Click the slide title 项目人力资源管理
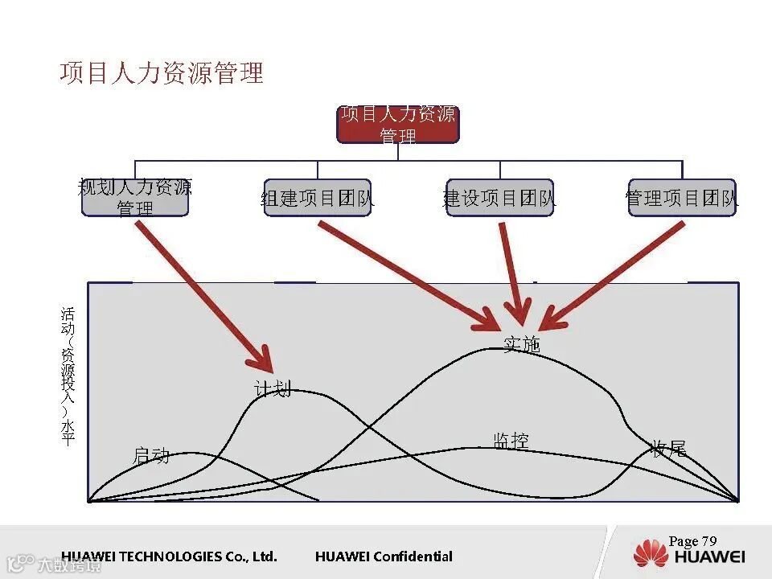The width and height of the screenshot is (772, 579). [x=162, y=73]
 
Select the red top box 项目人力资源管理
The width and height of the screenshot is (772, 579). [x=397, y=125]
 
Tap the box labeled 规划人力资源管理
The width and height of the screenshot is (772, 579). [x=135, y=198]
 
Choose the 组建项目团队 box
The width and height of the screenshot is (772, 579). [x=318, y=198]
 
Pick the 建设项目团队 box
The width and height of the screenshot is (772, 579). [x=499, y=198]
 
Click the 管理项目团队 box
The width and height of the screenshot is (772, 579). [x=682, y=198]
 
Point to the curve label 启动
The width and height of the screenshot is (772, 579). [x=151, y=456]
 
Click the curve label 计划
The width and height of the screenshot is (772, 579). [x=272, y=389]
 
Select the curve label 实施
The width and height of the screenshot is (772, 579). [x=521, y=345]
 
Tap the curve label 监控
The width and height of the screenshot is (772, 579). [x=511, y=441]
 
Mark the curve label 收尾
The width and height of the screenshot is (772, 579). [x=668, y=449]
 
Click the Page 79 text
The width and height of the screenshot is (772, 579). [x=692, y=541]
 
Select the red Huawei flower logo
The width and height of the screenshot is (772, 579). [x=651, y=554]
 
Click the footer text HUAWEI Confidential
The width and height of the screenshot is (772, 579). [x=384, y=556]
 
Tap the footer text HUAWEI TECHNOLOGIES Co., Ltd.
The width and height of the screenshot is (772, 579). [x=169, y=556]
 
